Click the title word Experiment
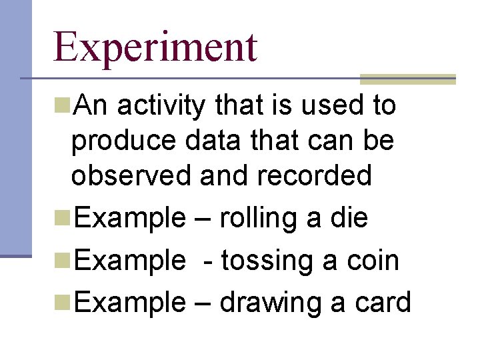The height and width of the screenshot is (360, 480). [x=155, y=47]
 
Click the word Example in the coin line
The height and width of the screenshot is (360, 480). [x=129, y=261]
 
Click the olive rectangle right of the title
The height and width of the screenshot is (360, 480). [x=407, y=79]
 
